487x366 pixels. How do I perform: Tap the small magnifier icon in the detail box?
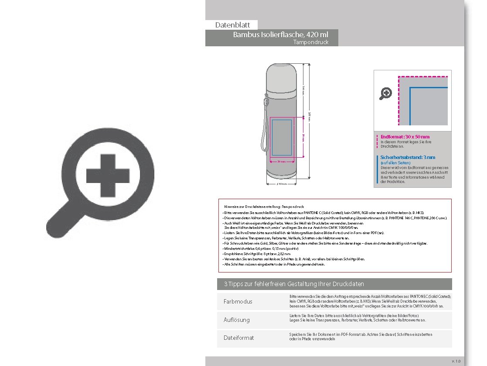[386, 93]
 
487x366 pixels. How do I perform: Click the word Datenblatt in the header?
[232, 25]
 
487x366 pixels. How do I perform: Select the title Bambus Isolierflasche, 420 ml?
[280, 35]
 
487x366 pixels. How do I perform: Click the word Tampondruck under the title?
[310, 42]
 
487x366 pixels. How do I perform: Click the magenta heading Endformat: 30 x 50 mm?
[405, 137]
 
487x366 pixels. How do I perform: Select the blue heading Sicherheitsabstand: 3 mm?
[408, 157]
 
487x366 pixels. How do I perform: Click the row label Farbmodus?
[238, 302]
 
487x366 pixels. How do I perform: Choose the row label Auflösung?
[236, 320]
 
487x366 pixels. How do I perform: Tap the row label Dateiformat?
[238, 338]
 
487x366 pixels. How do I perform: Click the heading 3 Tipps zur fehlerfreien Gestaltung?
[294, 284]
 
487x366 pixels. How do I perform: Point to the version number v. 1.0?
[456, 361]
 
